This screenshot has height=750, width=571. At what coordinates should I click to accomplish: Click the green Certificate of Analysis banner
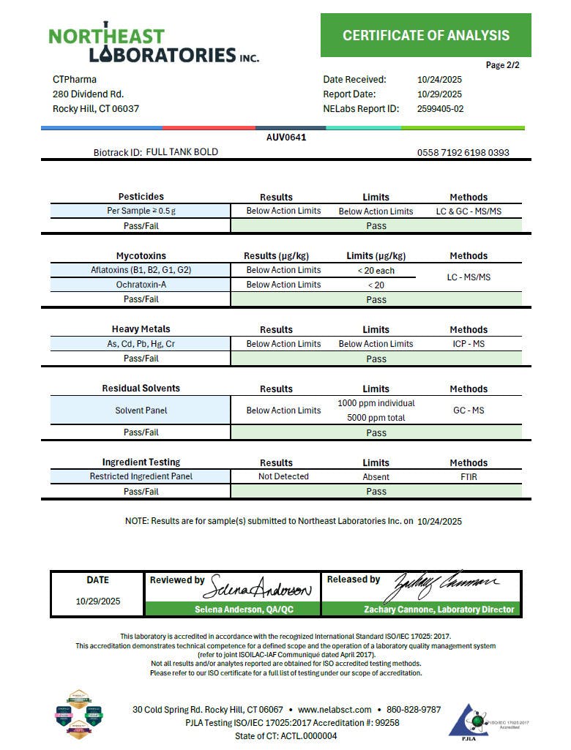tap(425, 35)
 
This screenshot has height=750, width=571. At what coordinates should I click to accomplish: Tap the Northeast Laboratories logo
tap(153, 45)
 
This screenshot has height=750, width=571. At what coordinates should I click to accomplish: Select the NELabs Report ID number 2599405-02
tap(440, 109)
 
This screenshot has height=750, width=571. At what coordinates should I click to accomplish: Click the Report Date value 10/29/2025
tap(439, 94)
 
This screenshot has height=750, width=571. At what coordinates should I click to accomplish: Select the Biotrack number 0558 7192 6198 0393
tap(463, 153)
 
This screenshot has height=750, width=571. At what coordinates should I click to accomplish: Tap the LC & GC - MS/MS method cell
tap(469, 211)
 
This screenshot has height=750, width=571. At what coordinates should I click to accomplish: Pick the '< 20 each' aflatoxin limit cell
tap(376, 270)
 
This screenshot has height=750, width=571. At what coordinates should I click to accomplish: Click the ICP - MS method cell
tap(469, 344)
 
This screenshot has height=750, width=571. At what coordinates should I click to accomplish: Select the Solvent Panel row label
tap(141, 410)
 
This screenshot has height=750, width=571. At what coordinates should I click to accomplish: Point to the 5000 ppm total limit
tap(376, 418)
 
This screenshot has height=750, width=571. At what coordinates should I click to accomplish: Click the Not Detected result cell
tap(283, 476)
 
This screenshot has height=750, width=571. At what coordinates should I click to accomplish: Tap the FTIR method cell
tap(469, 476)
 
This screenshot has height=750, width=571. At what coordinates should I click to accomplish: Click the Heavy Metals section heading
tap(141, 329)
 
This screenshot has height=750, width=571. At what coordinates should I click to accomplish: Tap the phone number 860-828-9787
tap(414, 710)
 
